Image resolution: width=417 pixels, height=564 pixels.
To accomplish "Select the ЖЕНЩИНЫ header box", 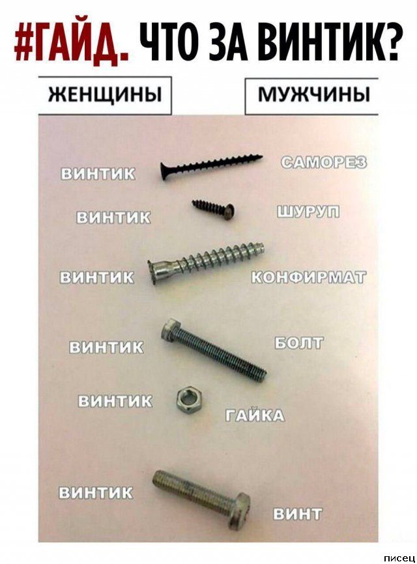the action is [x=105, y=96].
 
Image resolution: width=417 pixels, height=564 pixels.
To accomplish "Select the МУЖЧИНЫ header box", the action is [x=311, y=96].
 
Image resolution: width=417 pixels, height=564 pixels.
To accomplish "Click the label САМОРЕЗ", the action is [x=324, y=163].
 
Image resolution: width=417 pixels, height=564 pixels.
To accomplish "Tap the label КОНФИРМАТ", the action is [x=309, y=277].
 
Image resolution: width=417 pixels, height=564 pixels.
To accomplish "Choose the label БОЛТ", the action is [x=299, y=343].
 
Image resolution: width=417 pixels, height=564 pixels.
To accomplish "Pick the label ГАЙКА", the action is [x=255, y=416].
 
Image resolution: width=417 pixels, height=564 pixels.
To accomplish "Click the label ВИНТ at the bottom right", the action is [x=298, y=515].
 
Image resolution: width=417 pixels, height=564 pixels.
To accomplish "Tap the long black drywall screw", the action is [x=211, y=167].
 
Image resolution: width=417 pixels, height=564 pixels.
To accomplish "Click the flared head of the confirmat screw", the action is [x=154, y=272].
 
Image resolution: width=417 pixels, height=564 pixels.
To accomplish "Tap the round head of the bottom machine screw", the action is [x=238, y=511].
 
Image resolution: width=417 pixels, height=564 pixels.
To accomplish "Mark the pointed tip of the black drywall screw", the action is [x=262, y=156].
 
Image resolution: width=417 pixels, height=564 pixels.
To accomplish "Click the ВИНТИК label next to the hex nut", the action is [x=115, y=401].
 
